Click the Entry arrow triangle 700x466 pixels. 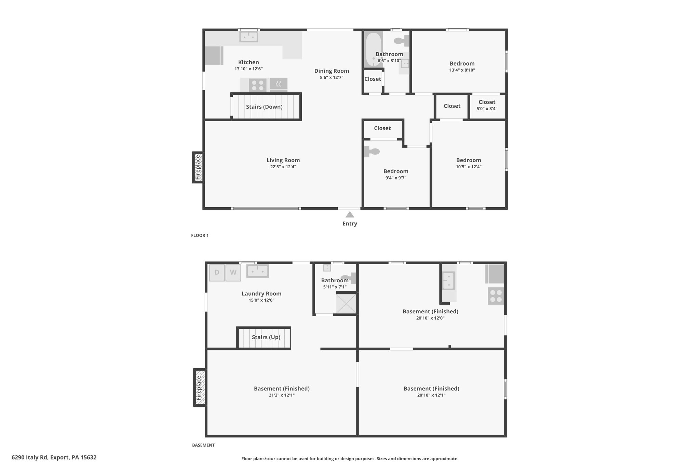click(350, 214)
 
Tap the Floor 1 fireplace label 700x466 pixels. click(198, 167)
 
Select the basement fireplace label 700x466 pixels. click(199, 388)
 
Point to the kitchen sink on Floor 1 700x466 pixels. click(248, 37)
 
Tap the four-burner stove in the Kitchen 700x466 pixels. click(258, 85)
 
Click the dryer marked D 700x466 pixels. click(217, 272)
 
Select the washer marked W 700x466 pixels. click(233, 272)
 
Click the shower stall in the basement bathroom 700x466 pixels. click(346, 303)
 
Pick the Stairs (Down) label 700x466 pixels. click(264, 107)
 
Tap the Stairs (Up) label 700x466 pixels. click(266, 337)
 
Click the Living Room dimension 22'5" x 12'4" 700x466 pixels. click(283, 167)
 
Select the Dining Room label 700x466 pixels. click(332, 71)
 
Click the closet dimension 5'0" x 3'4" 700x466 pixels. click(487, 109)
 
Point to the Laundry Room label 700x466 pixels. click(261, 293)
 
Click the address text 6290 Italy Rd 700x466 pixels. click(30, 457)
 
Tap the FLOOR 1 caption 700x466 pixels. click(200, 235)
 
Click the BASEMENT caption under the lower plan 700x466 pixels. click(203, 445)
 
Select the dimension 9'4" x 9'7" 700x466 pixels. click(396, 178)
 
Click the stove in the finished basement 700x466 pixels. click(496, 296)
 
